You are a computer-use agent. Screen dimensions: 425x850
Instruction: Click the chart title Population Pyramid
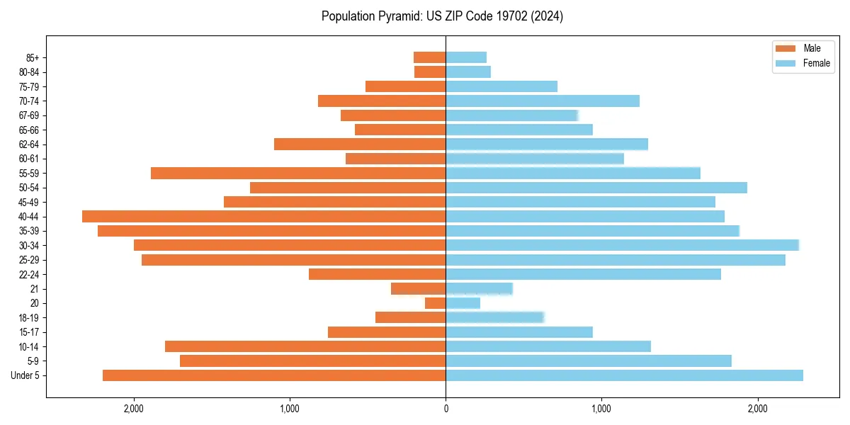(x=442, y=16)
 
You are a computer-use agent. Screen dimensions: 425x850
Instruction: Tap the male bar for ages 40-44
(x=263, y=216)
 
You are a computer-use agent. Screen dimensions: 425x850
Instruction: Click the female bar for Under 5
(x=624, y=375)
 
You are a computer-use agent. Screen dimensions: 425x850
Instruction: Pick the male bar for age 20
(x=435, y=303)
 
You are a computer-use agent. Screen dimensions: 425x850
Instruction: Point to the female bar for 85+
(x=466, y=57)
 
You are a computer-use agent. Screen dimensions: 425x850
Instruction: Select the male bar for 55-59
(x=298, y=173)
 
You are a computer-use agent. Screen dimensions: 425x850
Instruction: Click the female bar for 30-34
(x=622, y=245)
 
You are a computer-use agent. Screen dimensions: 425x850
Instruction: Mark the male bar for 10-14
(x=305, y=346)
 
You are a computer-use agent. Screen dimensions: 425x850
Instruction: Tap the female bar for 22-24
(x=583, y=274)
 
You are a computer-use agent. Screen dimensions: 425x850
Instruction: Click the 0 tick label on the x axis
(x=446, y=409)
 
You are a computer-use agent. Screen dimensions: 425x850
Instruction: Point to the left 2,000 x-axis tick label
(x=134, y=409)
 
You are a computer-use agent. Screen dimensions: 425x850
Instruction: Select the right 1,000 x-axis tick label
(x=601, y=409)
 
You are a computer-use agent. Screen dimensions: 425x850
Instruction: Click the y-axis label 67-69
(x=29, y=115)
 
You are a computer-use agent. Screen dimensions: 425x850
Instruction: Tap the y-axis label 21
(x=34, y=289)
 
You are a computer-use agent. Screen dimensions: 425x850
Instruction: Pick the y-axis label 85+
(x=32, y=57)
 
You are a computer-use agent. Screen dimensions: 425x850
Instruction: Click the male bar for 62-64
(x=360, y=144)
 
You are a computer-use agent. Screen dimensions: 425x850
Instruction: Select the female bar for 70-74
(x=543, y=101)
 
